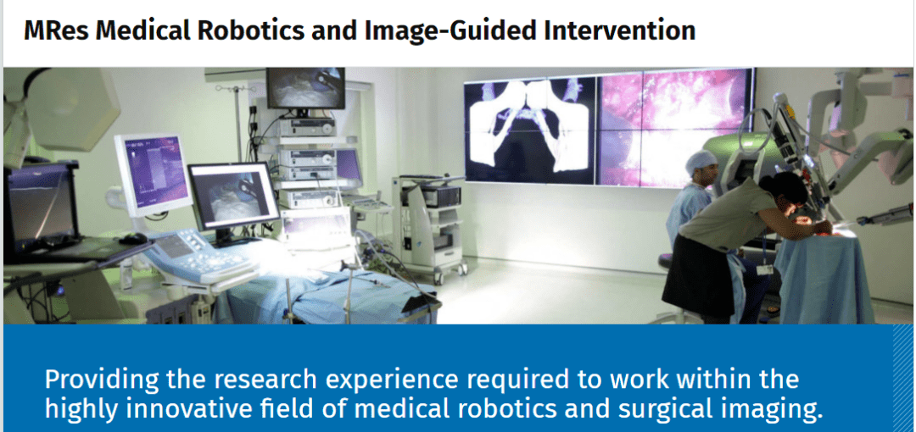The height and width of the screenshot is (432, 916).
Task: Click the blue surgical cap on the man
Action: (x=701, y=161)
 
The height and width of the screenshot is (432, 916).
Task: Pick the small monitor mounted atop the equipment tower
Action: (x=305, y=88)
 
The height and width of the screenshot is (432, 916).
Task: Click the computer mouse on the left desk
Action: (x=133, y=239)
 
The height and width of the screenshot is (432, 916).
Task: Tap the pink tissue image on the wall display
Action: (x=674, y=127)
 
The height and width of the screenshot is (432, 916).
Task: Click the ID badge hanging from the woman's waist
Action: (x=764, y=269)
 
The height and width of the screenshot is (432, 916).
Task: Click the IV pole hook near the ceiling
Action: (x=237, y=89)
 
